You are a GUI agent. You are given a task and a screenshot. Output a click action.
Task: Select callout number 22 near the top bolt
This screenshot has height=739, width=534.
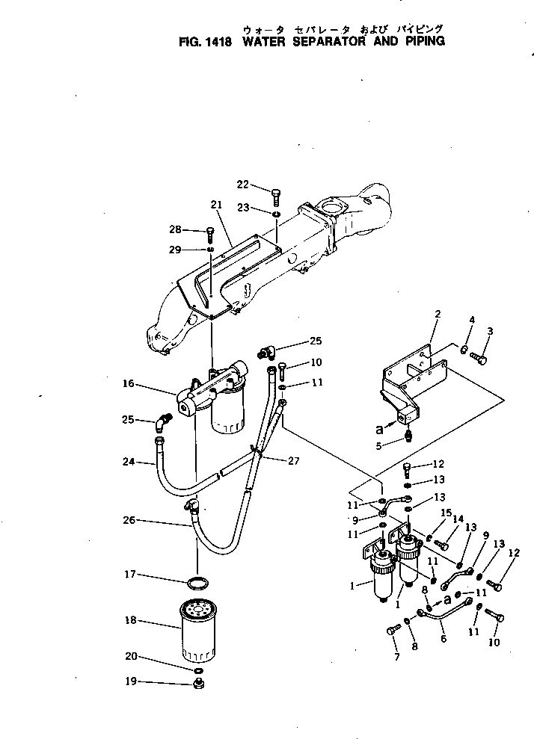point(243,185)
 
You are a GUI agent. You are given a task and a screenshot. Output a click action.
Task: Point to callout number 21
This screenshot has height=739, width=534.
point(217,205)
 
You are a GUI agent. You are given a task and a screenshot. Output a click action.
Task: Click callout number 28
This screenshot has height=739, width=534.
point(174,229)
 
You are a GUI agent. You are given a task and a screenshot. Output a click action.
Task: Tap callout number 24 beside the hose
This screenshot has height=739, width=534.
point(128,462)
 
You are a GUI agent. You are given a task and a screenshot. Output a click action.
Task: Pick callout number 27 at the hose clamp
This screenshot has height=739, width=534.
point(292,461)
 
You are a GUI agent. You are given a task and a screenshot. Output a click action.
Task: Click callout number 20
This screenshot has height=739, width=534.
point(131,658)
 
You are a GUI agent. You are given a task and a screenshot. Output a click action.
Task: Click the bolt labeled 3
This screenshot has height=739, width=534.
point(480,359)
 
